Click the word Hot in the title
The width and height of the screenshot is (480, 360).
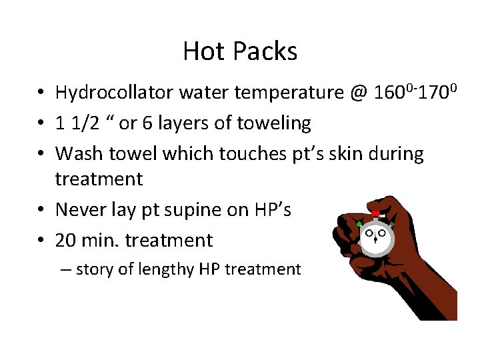(203, 51)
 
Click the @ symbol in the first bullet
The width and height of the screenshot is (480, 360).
(357, 93)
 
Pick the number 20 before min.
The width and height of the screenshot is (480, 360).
(65, 240)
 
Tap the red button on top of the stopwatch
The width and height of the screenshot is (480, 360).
(375, 214)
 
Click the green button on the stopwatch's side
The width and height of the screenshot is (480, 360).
(360, 223)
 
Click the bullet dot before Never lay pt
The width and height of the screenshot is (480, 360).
(41, 210)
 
